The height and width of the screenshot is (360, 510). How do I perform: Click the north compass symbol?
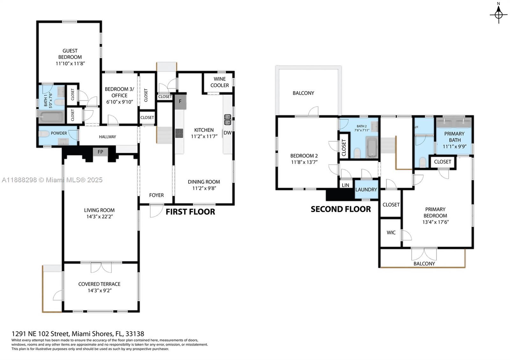(499, 14)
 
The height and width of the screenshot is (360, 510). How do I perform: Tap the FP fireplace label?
(100, 152)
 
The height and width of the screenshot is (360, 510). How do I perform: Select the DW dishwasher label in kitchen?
(227, 133)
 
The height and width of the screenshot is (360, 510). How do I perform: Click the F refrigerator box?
(180, 102)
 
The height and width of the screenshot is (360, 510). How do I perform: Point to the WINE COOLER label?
(219, 82)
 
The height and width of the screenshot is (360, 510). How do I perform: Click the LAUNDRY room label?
(366, 190)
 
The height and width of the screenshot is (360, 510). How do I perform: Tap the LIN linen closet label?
(345, 185)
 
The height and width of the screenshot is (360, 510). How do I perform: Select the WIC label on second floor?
(391, 233)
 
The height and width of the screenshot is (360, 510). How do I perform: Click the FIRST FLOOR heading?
(190, 212)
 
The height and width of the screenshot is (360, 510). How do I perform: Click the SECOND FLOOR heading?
(340, 209)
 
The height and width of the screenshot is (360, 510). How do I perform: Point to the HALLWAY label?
(107, 137)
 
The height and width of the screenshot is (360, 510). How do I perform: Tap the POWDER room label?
(59, 133)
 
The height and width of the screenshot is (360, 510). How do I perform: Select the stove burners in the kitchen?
(179, 133)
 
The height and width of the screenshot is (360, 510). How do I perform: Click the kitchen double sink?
(228, 119)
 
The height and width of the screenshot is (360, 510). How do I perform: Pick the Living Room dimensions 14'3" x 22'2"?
(99, 217)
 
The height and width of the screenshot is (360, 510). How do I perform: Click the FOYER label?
(156, 195)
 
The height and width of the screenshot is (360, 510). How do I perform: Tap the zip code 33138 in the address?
(135, 334)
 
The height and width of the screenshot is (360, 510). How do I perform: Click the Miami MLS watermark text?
(52, 180)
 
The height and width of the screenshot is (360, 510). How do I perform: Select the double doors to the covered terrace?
(101, 268)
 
